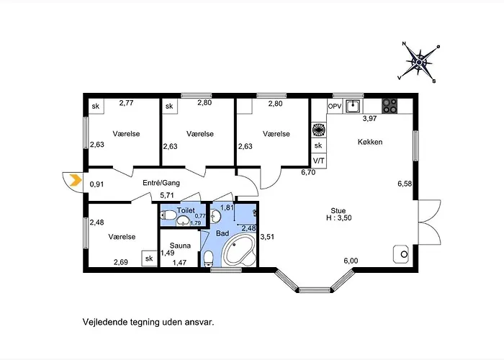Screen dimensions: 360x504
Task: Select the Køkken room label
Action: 369,142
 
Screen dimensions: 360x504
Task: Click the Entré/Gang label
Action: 161,183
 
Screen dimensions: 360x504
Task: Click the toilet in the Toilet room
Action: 168,215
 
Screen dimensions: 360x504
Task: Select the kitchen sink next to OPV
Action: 353,106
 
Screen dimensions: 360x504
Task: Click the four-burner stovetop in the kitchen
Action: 390,106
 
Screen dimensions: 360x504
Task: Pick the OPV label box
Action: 335,106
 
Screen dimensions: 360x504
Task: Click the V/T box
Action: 318,161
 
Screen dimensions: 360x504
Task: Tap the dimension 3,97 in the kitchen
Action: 370,118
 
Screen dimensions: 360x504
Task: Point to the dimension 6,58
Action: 405,184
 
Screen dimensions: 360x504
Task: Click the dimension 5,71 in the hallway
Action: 168,195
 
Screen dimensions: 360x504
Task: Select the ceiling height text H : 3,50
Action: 337,218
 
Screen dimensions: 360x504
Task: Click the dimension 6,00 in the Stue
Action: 351,261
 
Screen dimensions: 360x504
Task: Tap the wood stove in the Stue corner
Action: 400,254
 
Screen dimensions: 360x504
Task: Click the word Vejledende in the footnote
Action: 104,323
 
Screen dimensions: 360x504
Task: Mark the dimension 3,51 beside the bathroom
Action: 268,237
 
